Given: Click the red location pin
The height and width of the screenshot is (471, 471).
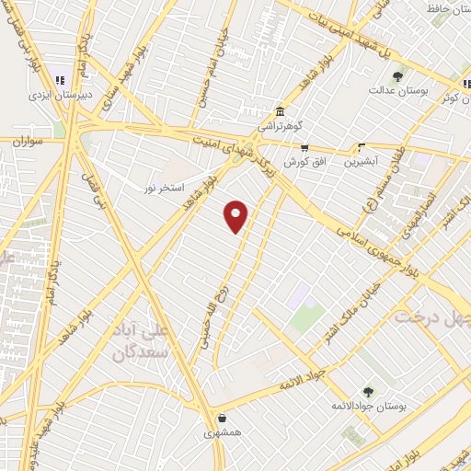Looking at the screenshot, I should pyautogui.click(x=236, y=216).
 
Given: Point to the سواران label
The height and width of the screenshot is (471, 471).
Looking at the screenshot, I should pyautogui.click(x=29, y=142).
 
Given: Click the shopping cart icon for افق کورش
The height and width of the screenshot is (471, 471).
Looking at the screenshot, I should pyautogui.click(x=304, y=147).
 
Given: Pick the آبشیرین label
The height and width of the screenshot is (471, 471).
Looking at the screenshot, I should pyautogui.click(x=361, y=161).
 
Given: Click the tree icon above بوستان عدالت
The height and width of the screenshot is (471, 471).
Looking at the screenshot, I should pyautogui.click(x=397, y=76).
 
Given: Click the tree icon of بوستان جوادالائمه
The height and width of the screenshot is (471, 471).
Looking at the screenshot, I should pyautogui.click(x=368, y=392).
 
